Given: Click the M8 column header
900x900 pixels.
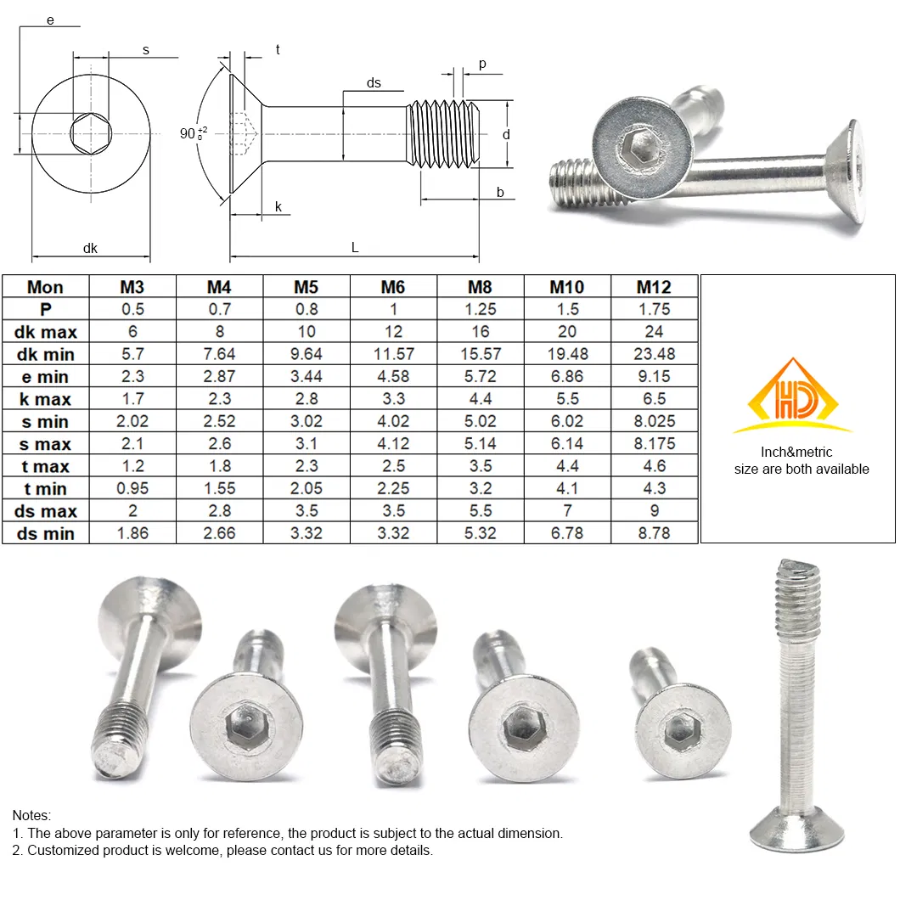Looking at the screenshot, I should (x=480, y=287).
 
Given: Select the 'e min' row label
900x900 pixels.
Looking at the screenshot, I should (x=46, y=377).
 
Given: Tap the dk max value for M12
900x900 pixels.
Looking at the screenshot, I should (x=654, y=332).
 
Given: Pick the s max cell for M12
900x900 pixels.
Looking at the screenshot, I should (x=654, y=444).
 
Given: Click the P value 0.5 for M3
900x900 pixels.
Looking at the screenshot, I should (x=132, y=310).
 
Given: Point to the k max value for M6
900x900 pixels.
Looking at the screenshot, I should (x=393, y=399).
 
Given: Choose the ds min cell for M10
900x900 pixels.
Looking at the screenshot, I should (x=567, y=533).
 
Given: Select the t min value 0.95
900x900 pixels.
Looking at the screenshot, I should (x=132, y=489).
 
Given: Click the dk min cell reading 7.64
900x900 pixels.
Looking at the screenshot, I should (x=219, y=354).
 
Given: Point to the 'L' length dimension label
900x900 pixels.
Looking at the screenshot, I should (x=355, y=247).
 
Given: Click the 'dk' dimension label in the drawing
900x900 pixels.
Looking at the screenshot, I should (x=90, y=249).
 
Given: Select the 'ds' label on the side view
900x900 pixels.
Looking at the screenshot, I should (x=374, y=83).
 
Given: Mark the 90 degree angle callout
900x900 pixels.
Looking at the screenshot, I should (x=191, y=133).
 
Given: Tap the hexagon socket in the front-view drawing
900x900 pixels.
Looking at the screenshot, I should (x=91, y=135).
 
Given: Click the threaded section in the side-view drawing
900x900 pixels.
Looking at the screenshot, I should (x=443, y=134).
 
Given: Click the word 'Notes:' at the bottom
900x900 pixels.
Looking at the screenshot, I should (x=31, y=816).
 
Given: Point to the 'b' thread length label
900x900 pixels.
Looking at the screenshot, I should (x=500, y=193).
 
